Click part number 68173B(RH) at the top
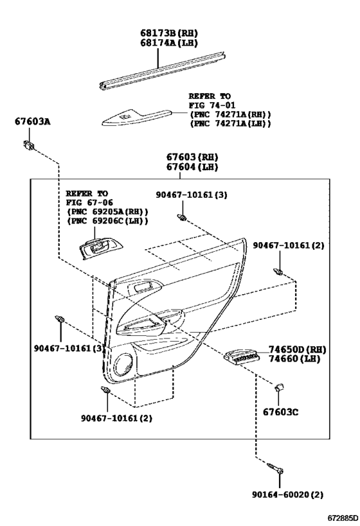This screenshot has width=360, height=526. tap(169, 33)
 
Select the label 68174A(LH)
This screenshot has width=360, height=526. tap(169, 43)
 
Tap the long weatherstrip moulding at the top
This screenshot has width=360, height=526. tap(163, 71)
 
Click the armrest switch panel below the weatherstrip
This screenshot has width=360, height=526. tap(137, 117)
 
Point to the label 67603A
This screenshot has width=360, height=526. tap(32, 121)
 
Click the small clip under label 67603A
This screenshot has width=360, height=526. tap(29, 145)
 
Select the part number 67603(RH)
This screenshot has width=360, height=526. tap(192, 157)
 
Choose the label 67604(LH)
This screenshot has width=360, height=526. tap(192, 167)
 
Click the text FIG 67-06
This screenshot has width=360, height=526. tap(89, 202)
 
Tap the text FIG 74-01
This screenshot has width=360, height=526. tap(212, 105)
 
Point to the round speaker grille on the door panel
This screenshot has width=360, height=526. tap(123, 364)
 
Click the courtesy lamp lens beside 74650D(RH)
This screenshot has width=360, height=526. tap(242, 356)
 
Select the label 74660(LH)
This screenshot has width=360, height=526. tap(294, 358)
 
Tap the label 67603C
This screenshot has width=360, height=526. tap(280, 412)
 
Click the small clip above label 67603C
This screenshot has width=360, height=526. tap(279, 387)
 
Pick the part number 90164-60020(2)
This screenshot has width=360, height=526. tap(288, 495)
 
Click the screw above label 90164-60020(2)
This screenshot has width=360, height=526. tap(275, 468)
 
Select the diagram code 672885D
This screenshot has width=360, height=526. tap(343, 518)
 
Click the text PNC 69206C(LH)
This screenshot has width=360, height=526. tap(107, 221)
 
